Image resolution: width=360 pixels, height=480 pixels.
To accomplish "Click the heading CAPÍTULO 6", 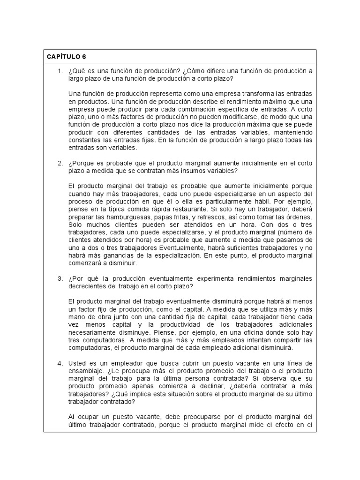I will (66, 57).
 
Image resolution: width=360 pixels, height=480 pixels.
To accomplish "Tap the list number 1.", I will (60, 71).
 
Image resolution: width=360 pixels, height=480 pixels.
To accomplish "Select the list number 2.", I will (60, 163).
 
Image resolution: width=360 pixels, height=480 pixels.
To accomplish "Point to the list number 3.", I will (60, 278).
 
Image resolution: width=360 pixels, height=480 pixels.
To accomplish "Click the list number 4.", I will (60, 363).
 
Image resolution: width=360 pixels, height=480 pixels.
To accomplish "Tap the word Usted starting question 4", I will (77, 363).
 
